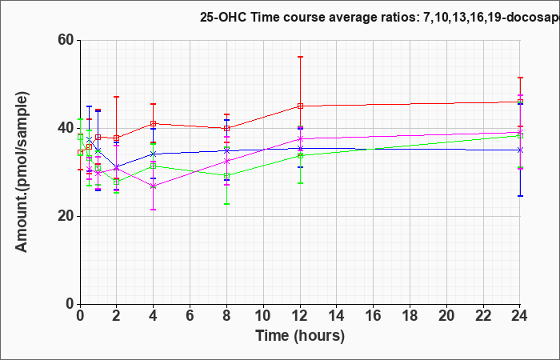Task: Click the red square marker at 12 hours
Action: click(x=300, y=106)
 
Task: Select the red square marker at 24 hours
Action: click(x=520, y=102)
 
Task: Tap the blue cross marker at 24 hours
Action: click(x=520, y=150)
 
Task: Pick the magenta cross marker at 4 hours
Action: click(x=154, y=186)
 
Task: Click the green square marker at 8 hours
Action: click(x=226, y=176)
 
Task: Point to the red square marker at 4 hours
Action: click(x=154, y=123)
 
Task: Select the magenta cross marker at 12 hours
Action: click(x=300, y=138)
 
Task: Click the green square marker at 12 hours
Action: click(x=300, y=155)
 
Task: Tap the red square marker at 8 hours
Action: click(x=226, y=128)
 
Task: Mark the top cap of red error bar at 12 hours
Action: click(x=300, y=57)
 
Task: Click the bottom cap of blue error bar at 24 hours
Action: click(x=520, y=196)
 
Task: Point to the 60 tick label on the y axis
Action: click(x=66, y=41)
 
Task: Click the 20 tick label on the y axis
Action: click(x=66, y=217)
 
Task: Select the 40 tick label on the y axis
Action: click(x=66, y=129)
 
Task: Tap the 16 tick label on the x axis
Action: click(x=374, y=316)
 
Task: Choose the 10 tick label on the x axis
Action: click(x=263, y=316)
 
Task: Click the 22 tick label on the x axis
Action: click(x=483, y=316)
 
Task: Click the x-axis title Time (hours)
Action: click(x=300, y=336)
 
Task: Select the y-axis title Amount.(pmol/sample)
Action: click(x=22, y=172)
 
